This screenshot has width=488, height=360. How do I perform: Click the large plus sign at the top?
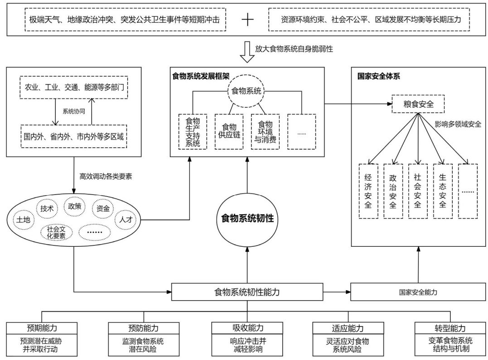click(x=247, y=19)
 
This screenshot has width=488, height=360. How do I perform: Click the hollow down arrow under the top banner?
click(x=247, y=52)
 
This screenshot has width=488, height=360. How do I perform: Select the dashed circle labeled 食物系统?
click(x=247, y=91)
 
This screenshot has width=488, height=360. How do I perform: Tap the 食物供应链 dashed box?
click(x=229, y=131)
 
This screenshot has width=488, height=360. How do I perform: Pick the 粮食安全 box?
click(x=418, y=104)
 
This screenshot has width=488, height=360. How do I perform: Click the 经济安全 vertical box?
click(x=368, y=191)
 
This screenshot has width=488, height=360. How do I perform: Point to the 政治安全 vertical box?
click(x=393, y=191)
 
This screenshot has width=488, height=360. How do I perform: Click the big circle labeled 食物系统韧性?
click(x=247, y=218)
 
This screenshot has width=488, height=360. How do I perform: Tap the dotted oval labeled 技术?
click(x=48, y=208)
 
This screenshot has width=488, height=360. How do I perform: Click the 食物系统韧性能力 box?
click(x=247, y=292)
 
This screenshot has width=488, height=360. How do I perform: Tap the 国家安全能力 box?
click(x=418, y=292)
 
